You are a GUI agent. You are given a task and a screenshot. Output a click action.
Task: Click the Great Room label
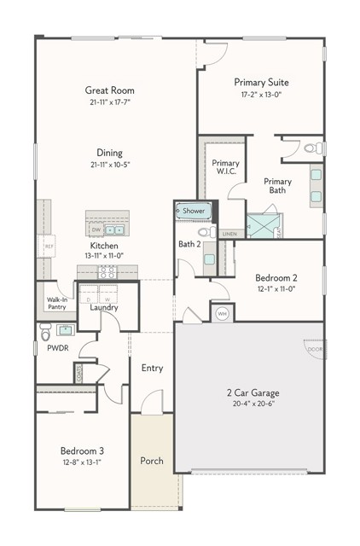[109, 90]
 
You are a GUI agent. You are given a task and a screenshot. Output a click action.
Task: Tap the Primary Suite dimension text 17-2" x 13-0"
[261, 94]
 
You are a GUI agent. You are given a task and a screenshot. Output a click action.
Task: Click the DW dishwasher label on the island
[96, 230]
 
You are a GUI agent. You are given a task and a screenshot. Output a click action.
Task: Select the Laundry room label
[103, 308]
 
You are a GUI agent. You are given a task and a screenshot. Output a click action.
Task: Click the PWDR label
[58, 348]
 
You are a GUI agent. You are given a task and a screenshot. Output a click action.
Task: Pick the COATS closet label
[78, 373]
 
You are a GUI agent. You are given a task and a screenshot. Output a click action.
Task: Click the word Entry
[152, 369]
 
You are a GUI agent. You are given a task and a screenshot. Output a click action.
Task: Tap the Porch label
[152, 462]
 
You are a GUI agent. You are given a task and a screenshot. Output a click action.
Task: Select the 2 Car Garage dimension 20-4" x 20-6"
[253, 405]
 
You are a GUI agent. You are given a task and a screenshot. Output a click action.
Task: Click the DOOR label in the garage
[314, 349]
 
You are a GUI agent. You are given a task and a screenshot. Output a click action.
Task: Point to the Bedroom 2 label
[276, 277]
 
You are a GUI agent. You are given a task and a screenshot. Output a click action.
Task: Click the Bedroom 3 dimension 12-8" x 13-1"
[81, 463]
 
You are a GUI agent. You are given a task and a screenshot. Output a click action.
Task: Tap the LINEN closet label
[229, 233]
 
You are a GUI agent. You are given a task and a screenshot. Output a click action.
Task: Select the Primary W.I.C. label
[226, 167]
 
